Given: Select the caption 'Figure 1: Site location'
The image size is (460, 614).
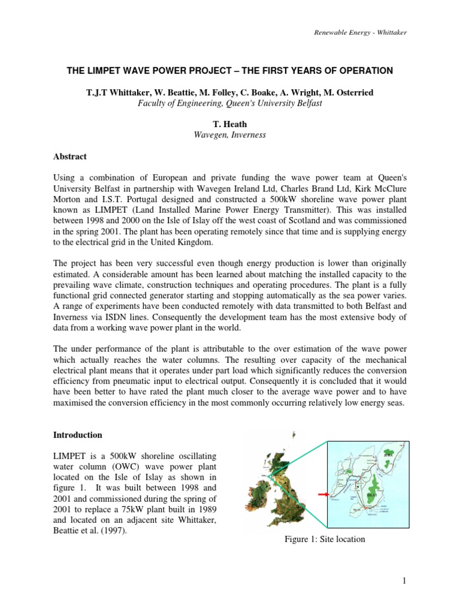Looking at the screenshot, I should tap(325, 539).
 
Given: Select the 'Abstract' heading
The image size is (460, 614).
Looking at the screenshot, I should tap(70, 156).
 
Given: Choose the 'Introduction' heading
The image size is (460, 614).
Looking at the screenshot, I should tap(78, 435).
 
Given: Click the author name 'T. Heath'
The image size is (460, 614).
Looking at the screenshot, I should tap(229, 124).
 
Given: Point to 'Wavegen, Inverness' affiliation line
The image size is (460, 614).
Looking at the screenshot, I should tap(229, 135).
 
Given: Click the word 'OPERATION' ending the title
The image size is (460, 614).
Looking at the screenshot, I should tap(364, 71).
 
